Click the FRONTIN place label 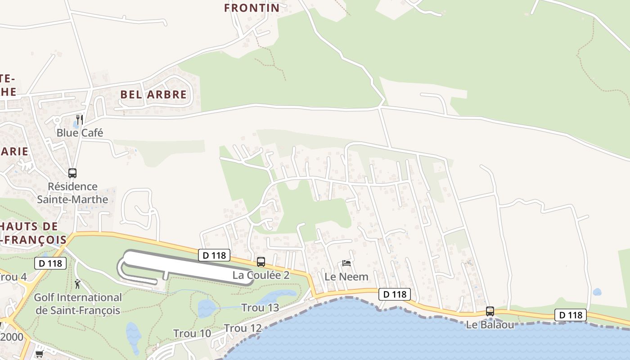coord(252,8)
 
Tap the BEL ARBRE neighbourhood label coord(153,94)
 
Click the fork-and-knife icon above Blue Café coord(80,119)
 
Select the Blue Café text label coord(80,133)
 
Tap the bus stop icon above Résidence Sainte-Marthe coord(72,173)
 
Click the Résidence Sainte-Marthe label coord(72,193)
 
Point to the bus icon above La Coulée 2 coord(261,262)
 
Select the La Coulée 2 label coord(261,275)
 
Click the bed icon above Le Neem coord(346,263)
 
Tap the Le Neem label coord(346,276)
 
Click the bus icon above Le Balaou coord(490,311)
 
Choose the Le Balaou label coord(490,324)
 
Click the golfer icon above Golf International coord(78,284)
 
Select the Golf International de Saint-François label coord(78,304)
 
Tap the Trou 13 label coord(260,308)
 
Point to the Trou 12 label coord(243,328)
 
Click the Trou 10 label coord(192,333)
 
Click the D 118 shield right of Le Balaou coord(570,315)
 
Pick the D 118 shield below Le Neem coord(395,294)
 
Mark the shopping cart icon coord(39,354)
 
